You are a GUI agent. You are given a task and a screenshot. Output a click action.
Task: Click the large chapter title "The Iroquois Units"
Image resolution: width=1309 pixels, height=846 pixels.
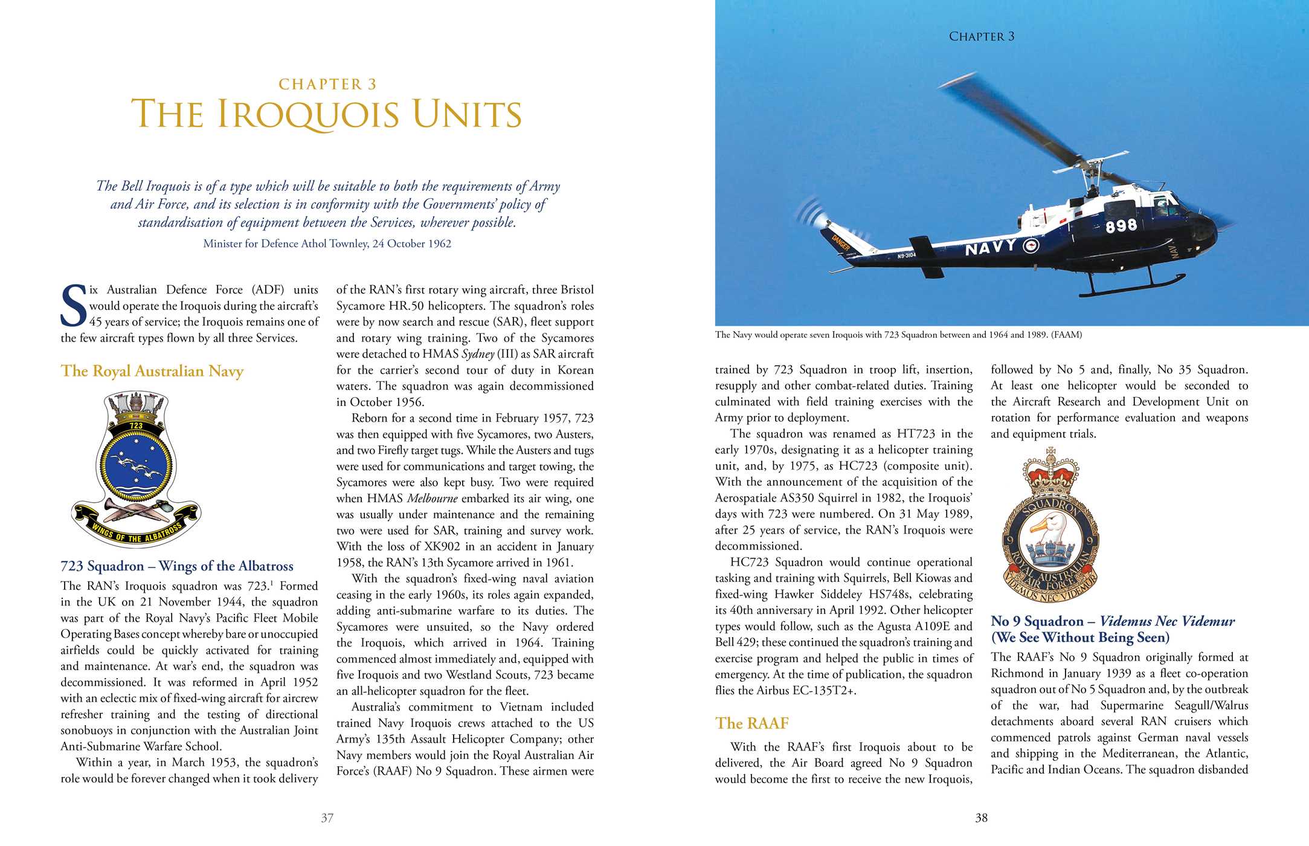point(326,114)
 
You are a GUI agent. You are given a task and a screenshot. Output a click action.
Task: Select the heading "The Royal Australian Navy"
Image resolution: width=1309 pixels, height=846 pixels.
point(152,371)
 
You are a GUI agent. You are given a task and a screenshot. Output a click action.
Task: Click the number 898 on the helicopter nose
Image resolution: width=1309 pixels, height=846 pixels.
point(1121,226)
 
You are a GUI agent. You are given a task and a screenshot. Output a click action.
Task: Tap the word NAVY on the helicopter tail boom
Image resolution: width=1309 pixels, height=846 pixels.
point(991,247)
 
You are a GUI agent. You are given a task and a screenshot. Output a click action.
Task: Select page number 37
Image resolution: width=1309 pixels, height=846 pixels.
point(327,818)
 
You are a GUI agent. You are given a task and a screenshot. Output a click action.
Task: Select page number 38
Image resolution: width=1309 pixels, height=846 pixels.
point(982,818)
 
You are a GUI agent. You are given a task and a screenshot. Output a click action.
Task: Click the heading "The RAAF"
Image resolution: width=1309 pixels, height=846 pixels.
point(752,723)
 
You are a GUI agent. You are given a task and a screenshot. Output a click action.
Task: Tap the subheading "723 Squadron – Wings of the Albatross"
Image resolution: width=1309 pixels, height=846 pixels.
point(177,566)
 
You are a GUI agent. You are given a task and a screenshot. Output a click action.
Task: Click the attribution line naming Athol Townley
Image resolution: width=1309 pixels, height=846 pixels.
point(327,244)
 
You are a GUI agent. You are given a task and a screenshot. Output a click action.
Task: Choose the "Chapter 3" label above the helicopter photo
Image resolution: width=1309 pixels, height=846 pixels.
point(982,36)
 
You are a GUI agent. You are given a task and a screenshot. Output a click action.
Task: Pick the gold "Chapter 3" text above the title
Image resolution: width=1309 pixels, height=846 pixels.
point(327,84)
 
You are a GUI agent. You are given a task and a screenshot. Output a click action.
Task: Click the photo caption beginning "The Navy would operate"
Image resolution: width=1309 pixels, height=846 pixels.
point(898,335)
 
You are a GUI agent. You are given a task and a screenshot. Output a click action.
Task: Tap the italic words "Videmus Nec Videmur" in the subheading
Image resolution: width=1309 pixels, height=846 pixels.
point(1167,621)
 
